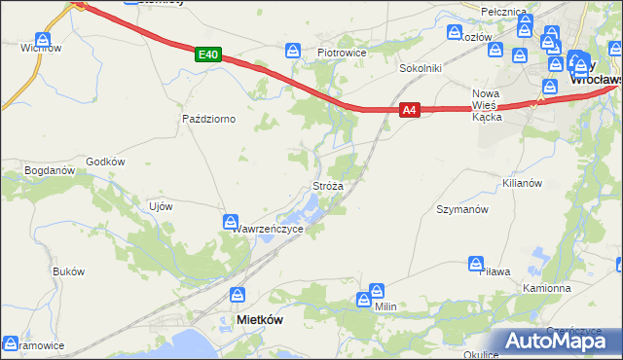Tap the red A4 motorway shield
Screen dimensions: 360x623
pos(410,111)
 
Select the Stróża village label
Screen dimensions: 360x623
pos(327,184)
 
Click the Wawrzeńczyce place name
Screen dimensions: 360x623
pos(269,229)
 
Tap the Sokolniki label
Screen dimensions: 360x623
pos(421,69)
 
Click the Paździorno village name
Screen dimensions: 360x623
pos(209,119)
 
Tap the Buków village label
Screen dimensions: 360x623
pos(69,271)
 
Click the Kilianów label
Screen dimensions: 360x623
pos(521,182)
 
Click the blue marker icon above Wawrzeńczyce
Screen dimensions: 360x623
pos(231,222)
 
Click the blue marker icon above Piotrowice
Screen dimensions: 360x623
pos(293,51)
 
